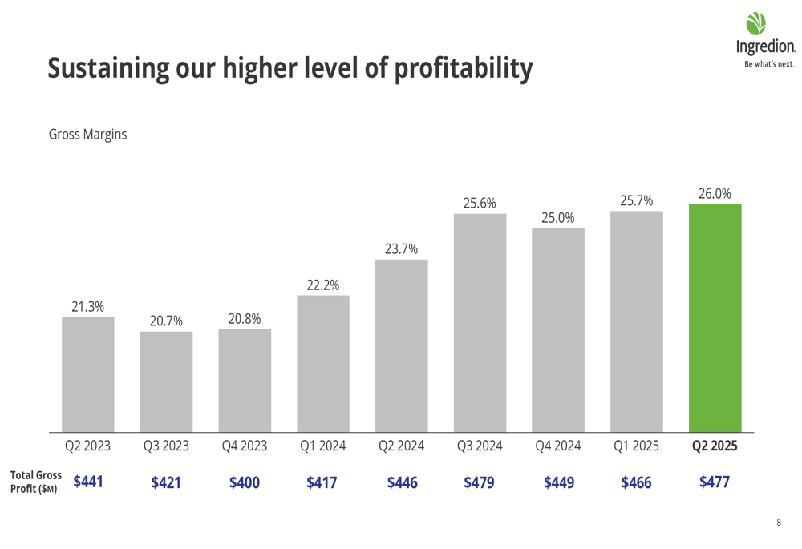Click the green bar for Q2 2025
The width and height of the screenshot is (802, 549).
click(715, 317)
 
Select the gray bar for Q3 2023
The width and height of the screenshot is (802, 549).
click(166, 381)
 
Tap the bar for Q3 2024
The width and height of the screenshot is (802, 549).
click(480, 322)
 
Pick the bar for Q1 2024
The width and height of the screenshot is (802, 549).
click(323, 363)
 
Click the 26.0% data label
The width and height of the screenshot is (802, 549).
click(715, 193)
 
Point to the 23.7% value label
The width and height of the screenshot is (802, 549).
click(401, 248)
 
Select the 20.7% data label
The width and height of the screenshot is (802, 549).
click(166, 321)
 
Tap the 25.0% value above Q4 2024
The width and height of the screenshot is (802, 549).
click(557, 217)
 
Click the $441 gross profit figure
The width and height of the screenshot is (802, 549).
click(88, 482)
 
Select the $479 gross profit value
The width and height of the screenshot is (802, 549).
click(480, 482)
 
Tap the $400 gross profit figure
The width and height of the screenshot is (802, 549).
click(245, 482)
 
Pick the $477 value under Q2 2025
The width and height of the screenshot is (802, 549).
click(715, 482)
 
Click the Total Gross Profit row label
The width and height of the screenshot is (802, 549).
click(35, 482)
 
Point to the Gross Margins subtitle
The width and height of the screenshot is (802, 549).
click(88, 135)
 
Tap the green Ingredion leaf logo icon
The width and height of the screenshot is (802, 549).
click(756, 25)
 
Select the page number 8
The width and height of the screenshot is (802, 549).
click(778, 523)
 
